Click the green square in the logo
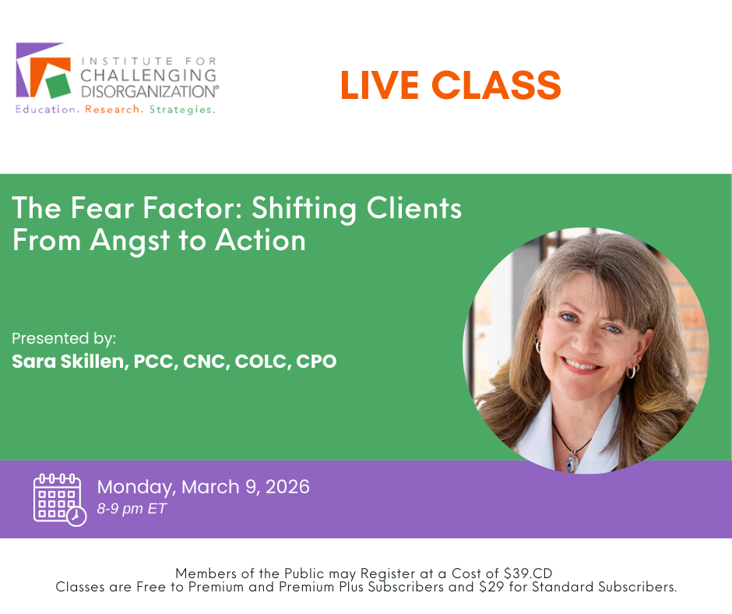point(58,85)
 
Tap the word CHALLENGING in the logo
point(149,76)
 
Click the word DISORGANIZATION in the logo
point(150,91)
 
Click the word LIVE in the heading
point(379,85)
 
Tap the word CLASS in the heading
point(496,85)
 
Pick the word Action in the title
point(260,240)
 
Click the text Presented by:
point(64,338)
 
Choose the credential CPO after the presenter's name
point(316,362)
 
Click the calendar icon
point(60,500)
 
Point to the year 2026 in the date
point(287,487)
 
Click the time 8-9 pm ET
point(132,508)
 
